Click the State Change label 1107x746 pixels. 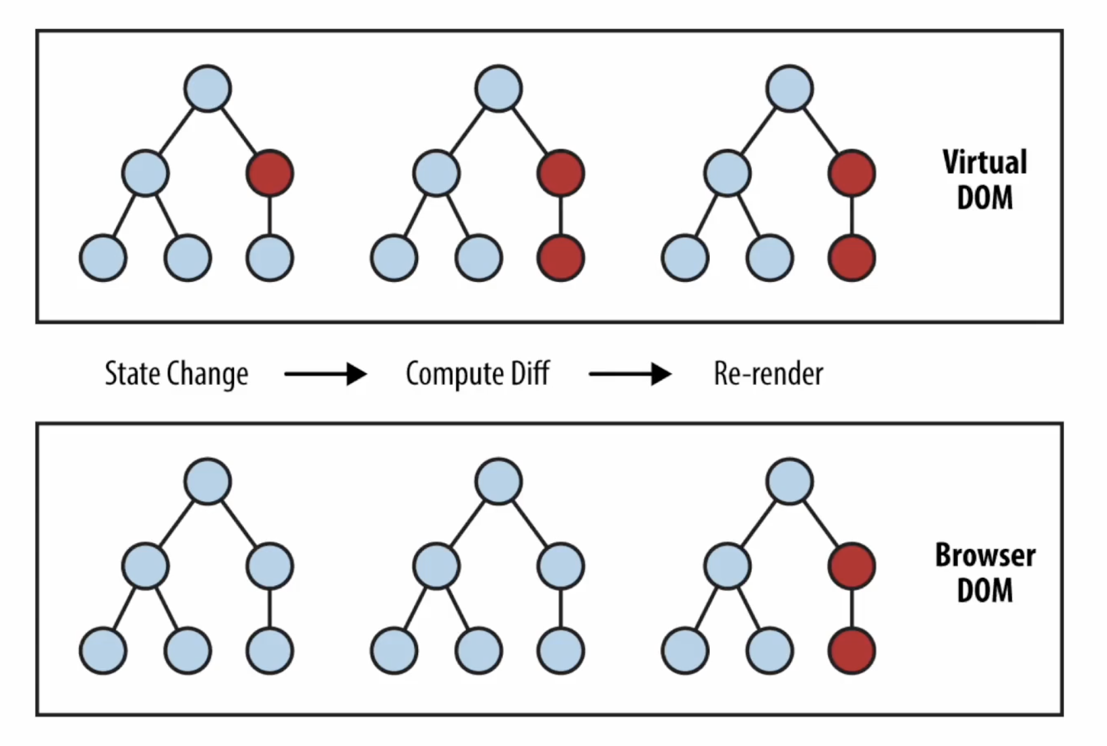coord(177,374)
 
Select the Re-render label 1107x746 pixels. coord(769,374)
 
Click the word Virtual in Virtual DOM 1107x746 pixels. coord(985,162)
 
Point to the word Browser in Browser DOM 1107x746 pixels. coord(985,555)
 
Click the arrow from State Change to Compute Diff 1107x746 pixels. coord(325,374)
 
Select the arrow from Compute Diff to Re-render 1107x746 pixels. coord(630,374)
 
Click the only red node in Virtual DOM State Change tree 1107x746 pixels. coord(270,173)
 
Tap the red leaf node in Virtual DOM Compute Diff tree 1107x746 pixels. coord(561,258)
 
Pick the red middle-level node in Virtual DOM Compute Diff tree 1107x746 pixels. coord(561,173)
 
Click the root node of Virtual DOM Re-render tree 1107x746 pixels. coord(790,88)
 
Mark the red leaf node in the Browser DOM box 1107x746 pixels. coord(852,650)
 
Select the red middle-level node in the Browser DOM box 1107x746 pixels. coord(852,565)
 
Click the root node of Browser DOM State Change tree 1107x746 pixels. coord(207,481)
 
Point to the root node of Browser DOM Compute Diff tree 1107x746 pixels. coord(499,481)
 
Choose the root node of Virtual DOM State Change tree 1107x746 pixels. coord(207,88)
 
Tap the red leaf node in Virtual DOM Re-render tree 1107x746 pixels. coord(852,258)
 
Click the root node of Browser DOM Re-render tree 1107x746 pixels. coord(790,481)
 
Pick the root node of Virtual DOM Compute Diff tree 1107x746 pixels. coord(499,88)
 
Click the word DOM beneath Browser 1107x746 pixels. coord(985,590)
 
